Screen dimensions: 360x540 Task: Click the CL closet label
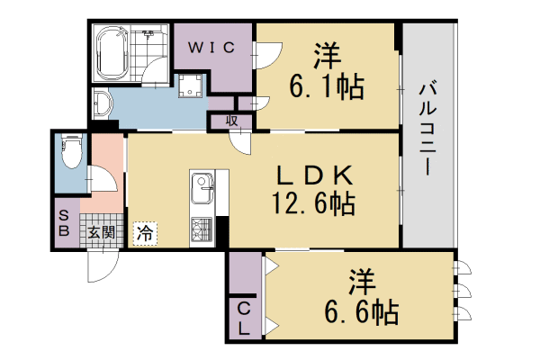point(244,318)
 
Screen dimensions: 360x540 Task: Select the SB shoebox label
point(65,223)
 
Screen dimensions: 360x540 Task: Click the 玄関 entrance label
point(100,232)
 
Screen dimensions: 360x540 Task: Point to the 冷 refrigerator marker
point(144,233)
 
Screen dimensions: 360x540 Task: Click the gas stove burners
point(200,230)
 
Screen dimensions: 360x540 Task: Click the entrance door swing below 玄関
point(101,263)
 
